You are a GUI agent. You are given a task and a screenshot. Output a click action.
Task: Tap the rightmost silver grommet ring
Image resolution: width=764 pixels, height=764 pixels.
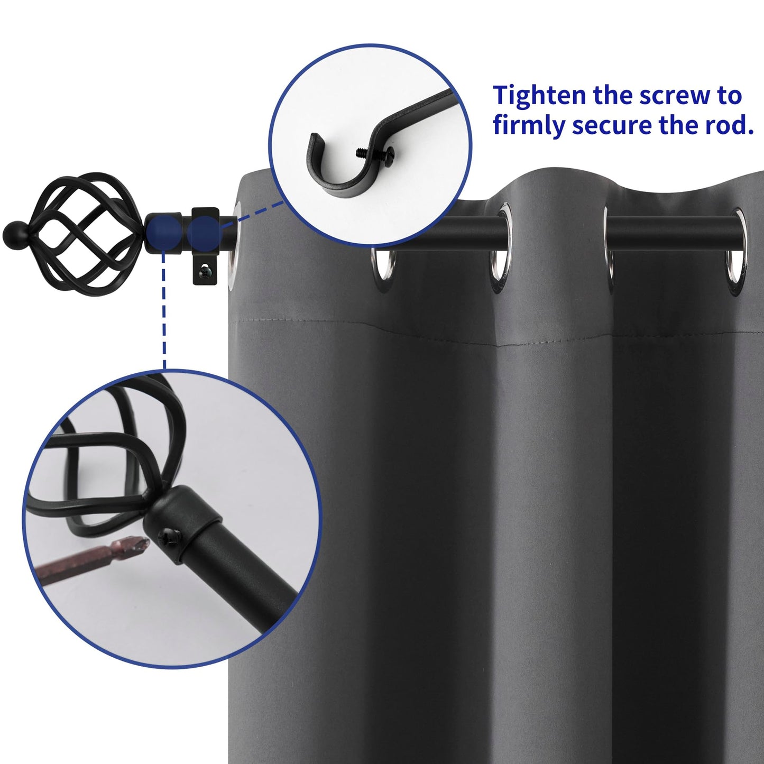pos(735,246)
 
